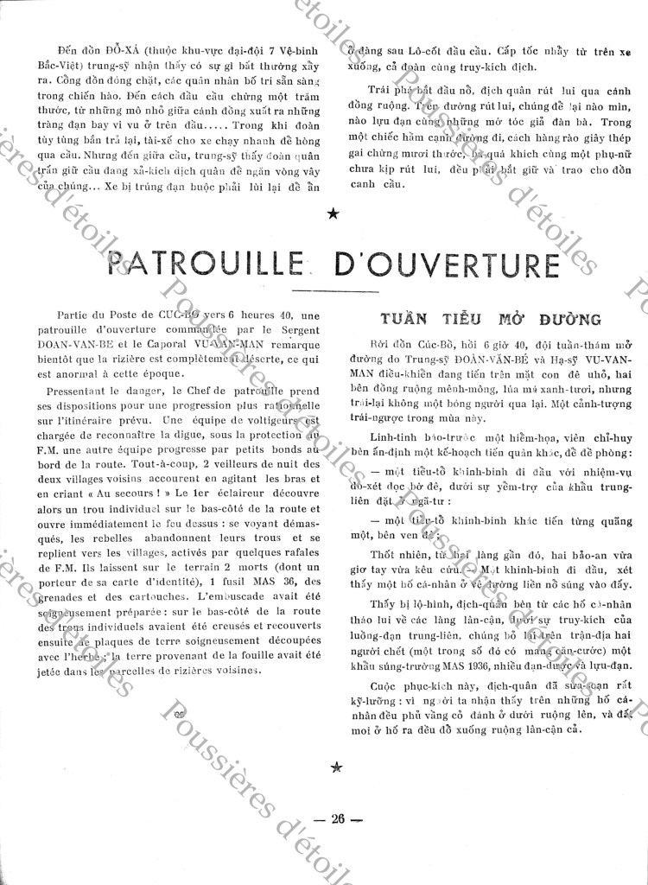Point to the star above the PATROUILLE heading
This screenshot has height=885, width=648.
334,213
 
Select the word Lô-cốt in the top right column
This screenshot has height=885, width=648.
448,50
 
